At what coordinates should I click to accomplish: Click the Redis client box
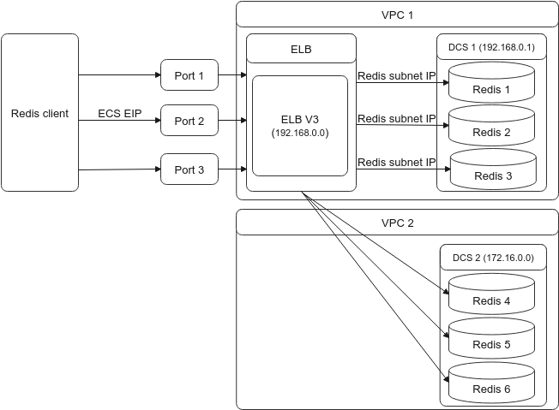coord(39,113)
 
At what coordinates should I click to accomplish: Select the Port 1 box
coord(189,75)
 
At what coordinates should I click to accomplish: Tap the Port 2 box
coord(189,121)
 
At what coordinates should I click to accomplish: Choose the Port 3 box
coord(189,169)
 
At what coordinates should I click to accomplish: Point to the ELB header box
coord(301,50)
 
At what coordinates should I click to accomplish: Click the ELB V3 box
coord(300,125)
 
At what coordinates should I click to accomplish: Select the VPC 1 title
coord(397,15)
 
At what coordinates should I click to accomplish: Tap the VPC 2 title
coord(397,223)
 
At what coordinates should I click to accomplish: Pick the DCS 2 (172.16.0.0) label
coord(492,257)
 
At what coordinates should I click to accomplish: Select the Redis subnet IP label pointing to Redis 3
coord(397,163)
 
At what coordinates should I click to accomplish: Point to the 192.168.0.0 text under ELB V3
coord(300,134)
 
